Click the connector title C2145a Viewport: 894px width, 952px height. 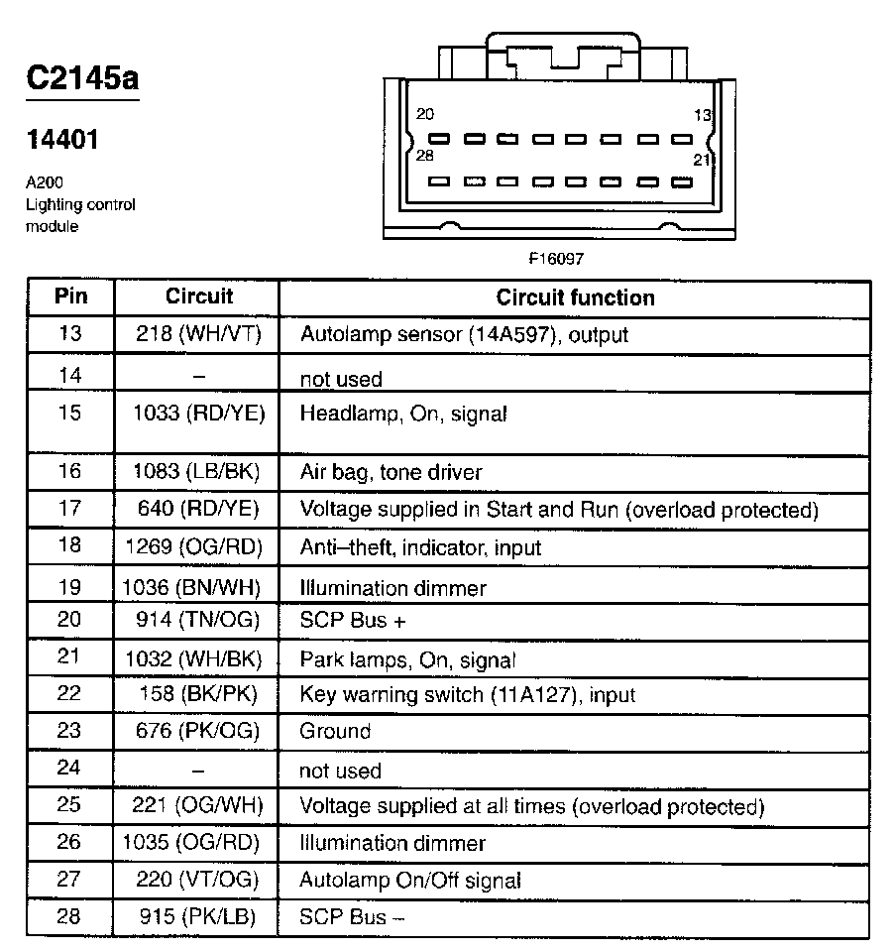pos(81,78)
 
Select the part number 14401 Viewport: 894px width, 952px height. pos(61,140)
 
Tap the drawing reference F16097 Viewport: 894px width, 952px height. pos(555,259)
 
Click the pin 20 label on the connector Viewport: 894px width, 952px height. pos(425,114)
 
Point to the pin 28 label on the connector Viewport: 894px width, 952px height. pos(424,156)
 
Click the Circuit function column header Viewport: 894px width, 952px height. pos(575,297)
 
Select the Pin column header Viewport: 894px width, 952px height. pos(70,297)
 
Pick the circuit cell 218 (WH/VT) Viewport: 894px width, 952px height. pos(198,335)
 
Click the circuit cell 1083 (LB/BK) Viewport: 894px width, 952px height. pos(198,472)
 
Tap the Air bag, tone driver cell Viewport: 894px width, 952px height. pos(391,473)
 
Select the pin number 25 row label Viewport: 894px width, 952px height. pos(69,805)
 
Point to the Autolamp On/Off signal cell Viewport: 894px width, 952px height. pos(410,881)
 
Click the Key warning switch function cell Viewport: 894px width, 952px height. pos(467,695)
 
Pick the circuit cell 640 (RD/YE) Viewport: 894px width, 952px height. pos(198,510)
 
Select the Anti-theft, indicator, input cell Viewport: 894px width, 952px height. pos(420,547)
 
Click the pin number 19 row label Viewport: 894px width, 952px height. pos(69,587)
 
